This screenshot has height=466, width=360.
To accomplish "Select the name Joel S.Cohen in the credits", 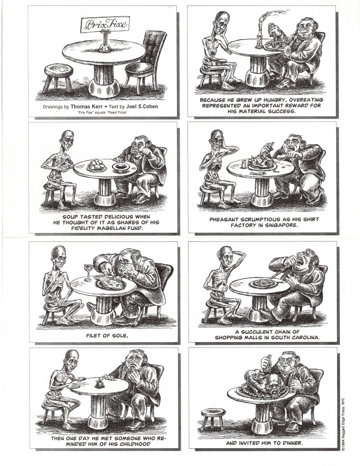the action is (142, 107).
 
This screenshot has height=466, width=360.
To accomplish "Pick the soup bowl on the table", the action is (122, 167).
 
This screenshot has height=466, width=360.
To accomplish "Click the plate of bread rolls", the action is (97, 164).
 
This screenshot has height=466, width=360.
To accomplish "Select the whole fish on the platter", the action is (108, 282).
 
